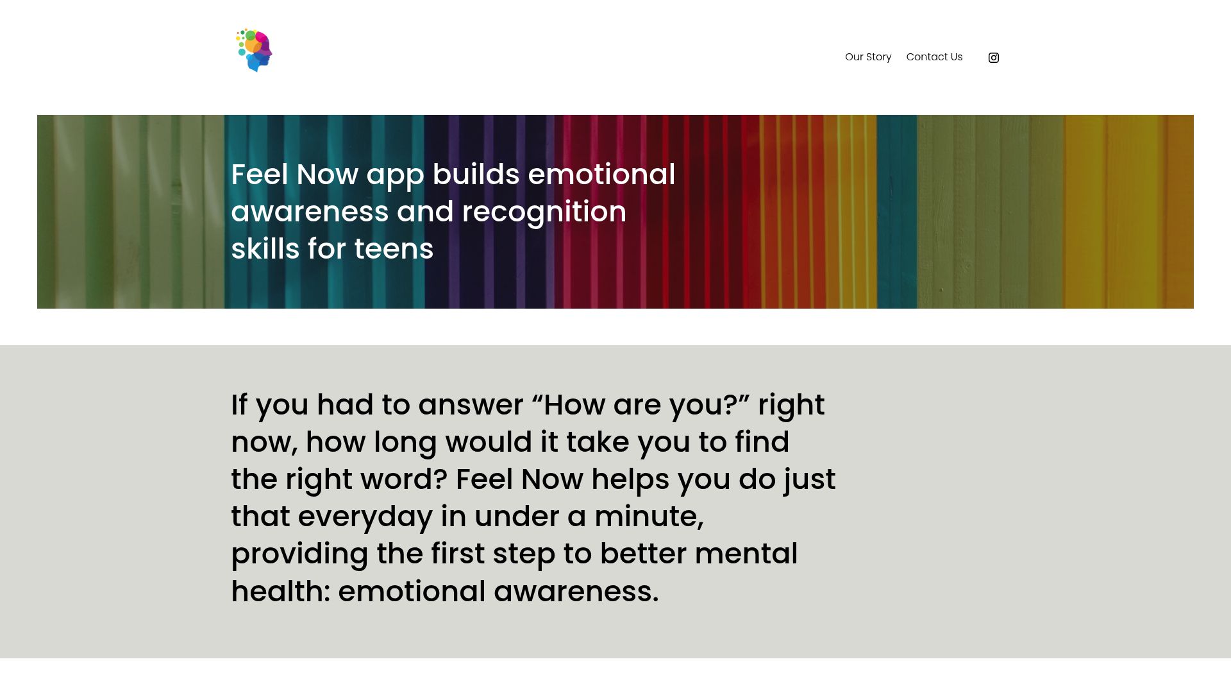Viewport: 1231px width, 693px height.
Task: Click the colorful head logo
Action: point(255,50)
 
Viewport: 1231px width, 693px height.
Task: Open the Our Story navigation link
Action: point(868,57)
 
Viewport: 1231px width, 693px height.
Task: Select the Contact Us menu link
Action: point(934,57)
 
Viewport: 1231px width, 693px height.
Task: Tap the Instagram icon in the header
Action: point(994,58)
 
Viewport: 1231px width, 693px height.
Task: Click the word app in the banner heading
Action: point(395,176)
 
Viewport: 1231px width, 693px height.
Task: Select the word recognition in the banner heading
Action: point(544,212)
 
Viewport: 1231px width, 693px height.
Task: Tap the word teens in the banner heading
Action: point(394,249)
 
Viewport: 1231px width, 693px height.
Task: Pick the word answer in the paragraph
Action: point(471,406)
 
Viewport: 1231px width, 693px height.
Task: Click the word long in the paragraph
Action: point(405,443)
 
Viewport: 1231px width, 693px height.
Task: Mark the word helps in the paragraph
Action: point(630,480)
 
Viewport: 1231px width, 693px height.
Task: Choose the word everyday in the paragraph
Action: point(365,517)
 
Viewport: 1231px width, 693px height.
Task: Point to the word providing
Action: point(299,554)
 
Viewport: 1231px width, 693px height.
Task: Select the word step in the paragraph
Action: point(523,554)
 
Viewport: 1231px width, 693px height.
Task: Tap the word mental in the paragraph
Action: point(746,554)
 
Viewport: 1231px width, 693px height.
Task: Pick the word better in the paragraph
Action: point(643,554)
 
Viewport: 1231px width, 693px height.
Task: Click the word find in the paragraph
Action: point(762,442)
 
